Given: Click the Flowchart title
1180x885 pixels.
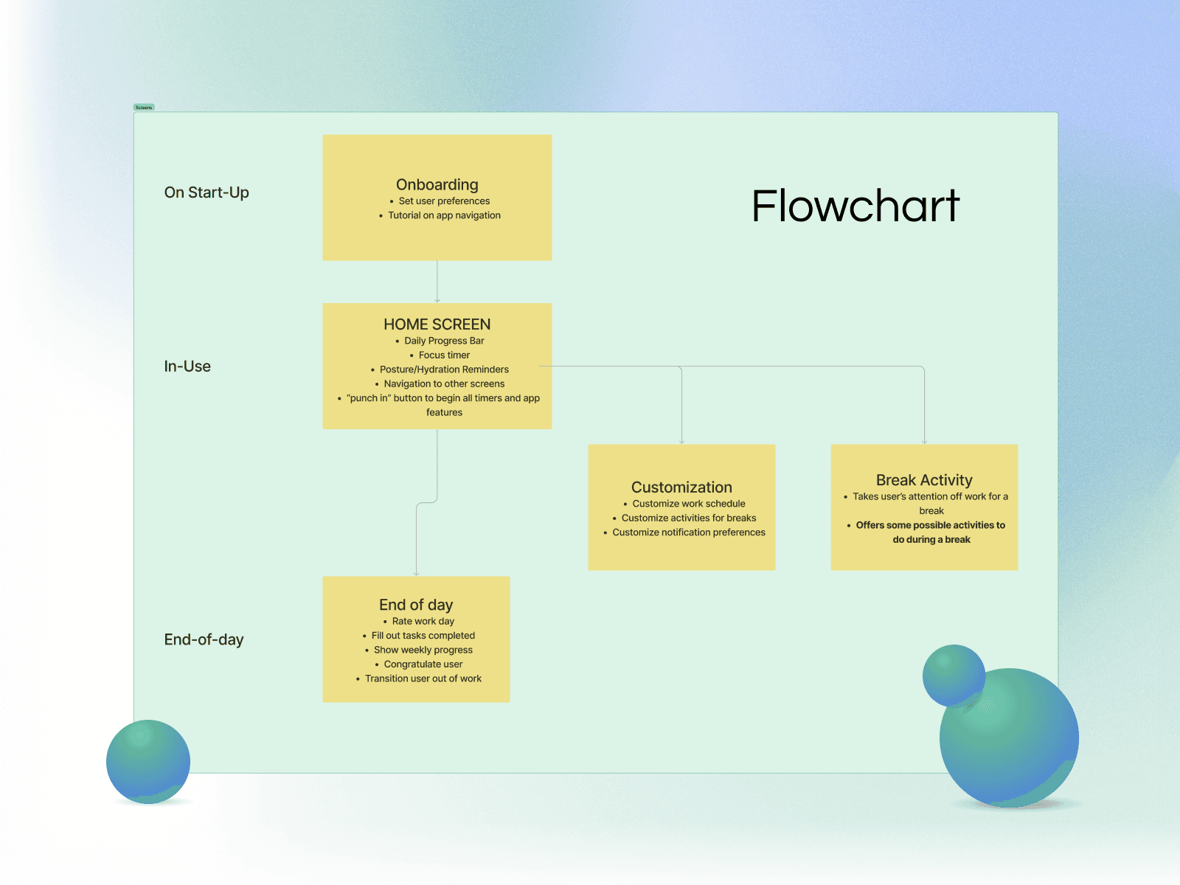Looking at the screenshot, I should click(855, 206).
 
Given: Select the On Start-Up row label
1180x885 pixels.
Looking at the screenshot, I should click(206, 192).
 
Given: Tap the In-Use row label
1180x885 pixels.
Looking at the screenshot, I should click(187, 367).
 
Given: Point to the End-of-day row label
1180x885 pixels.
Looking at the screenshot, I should click(204, 639).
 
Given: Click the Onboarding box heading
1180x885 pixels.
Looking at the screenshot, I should click(437, 184).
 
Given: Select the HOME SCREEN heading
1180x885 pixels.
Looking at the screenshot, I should click(437, 324).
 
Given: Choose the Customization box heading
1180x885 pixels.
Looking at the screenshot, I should click(681, 487).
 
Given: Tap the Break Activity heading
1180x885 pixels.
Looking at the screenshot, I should click(924, 480).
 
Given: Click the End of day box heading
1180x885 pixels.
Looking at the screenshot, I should click(416, 605).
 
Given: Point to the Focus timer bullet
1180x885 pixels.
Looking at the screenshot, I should click(444, 355).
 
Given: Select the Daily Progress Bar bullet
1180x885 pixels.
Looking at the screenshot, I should click(444, 341).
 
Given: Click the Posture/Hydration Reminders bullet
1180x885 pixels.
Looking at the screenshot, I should click(444, 369).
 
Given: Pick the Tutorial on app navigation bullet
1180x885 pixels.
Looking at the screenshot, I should click(444, 215).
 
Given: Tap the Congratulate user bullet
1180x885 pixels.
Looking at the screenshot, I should click(423, 664).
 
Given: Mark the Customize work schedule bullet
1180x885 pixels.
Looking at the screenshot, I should click(689, 504).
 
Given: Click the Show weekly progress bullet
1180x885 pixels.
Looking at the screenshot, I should click(423, 650).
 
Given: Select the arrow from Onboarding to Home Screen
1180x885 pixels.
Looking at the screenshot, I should click(437, 281).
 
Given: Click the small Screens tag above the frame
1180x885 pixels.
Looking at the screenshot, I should click(144, 108).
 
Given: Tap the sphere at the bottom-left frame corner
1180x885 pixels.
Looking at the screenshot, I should click(148, 761).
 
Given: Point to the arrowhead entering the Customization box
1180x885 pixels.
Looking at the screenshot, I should click(681, 441).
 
